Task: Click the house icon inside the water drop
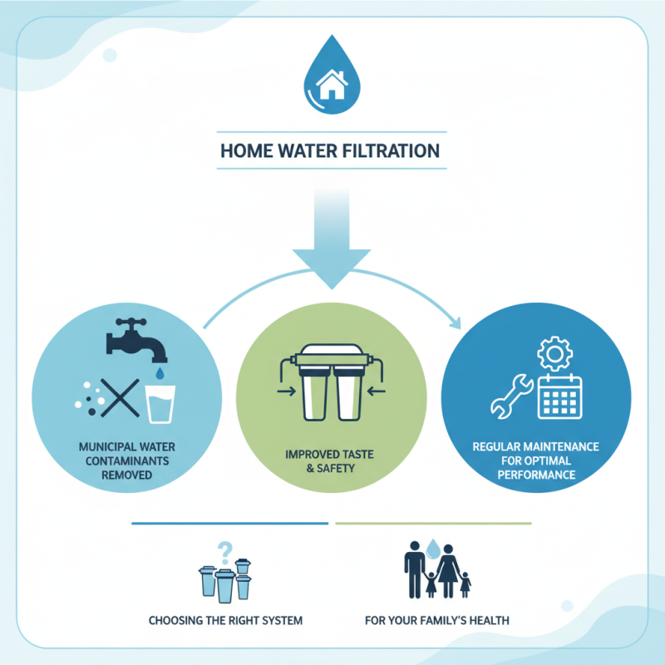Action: point(332,83)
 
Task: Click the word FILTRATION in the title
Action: point(394,152)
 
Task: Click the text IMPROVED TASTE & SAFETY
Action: point(332,462)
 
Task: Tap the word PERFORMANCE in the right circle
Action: point(536,475)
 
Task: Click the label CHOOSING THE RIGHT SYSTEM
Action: point(225,620)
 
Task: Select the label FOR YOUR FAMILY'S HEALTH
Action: point(436,620)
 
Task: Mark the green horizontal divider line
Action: point(432,525)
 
